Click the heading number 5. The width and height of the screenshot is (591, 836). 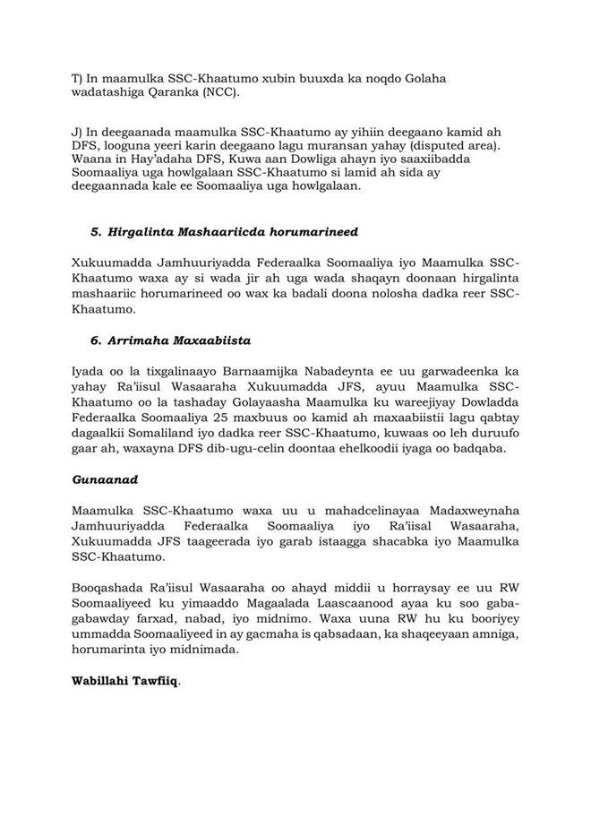[95, 232]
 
